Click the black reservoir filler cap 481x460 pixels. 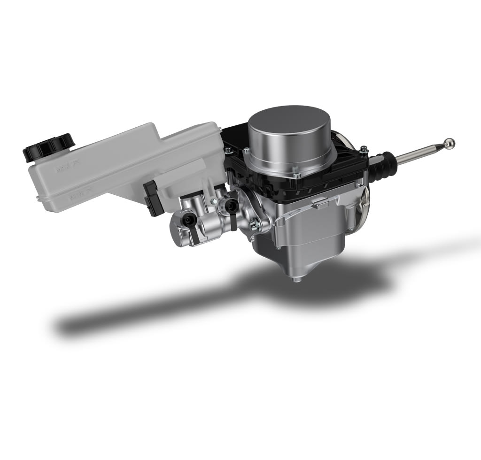click(49, 146)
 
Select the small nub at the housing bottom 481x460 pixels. click(295, 280)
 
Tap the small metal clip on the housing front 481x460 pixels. click(321, 203)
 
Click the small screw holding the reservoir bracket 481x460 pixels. click(214, 201)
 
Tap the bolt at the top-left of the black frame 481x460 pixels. click(228, 150)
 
